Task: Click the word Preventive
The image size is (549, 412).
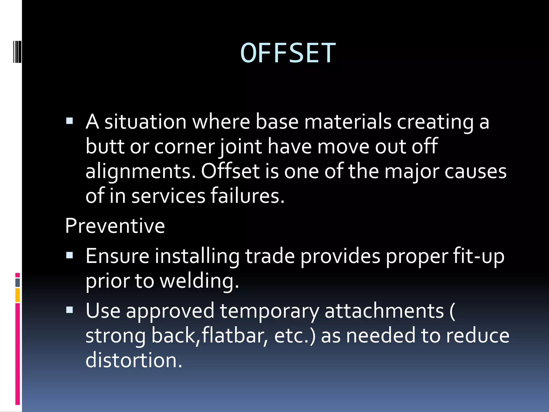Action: pyautogui.click(x=115, y=226)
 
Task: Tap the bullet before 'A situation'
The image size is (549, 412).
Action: pyautogui.click(x=69, y=121)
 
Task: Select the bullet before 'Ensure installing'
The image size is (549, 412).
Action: pyautogui.click(x=69, y=255)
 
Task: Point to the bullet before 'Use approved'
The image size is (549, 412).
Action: pyautogui.click(x=69, y=310)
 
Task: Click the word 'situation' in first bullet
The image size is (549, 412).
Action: pyautogui.click(x=145, y=122)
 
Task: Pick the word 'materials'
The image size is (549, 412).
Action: pyautogui.click(x=348, y=122)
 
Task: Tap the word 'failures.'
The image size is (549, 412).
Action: pyautogui.click(x=247, y=196)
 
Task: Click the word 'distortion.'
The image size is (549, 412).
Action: pyautogui.click(x=134, y=360)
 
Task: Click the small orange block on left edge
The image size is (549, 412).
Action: pyautogui.click(x=18, y=295)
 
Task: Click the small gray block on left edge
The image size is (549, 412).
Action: pyautogui.click(x=18, y=283)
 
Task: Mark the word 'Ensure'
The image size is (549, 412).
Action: pyautogui.click(x=117, y=256)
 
